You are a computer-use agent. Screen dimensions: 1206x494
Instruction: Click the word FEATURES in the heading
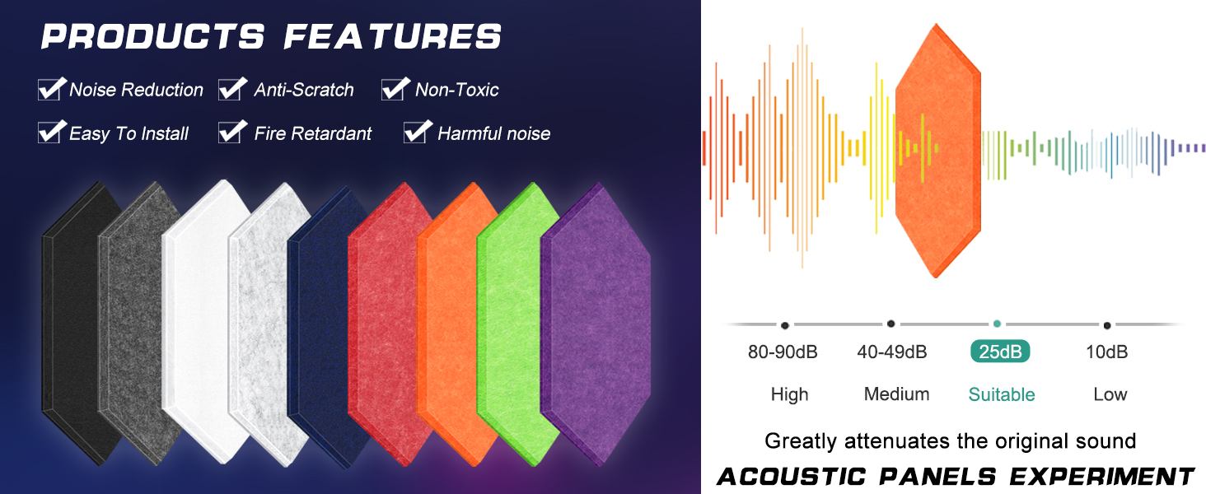[392, 36]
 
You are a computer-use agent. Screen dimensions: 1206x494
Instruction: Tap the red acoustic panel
[388, 323]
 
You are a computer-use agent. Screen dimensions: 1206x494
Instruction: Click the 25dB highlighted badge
[1000, 352]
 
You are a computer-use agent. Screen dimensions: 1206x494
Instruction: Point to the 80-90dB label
[783, 352]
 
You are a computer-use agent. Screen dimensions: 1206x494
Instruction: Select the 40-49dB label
[892, 352]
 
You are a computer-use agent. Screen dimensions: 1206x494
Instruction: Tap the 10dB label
[1106, 352]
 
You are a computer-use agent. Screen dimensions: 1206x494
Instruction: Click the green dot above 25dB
[997, 324]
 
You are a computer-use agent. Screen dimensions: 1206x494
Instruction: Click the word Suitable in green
[1002, 394]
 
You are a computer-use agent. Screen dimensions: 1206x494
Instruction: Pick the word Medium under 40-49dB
[896, 394]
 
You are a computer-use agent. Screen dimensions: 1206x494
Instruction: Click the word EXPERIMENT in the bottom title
[1101, 477]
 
